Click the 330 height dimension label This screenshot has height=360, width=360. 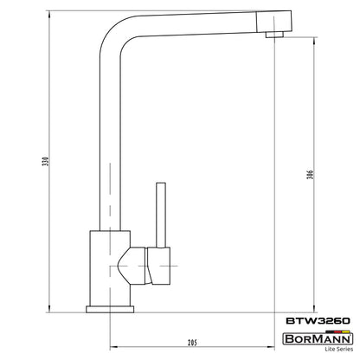(x=46, y=162)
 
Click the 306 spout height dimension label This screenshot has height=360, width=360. (x=310, y=175)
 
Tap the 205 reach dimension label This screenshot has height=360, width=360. (x=192, y=343)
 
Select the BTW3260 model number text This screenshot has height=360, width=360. (x=318, y=321)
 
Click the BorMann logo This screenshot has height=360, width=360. (x=318, y=338)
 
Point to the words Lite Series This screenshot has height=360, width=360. (x=339, y=349)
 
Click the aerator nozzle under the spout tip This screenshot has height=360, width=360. (x=274, y=35)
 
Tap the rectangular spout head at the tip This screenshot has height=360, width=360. (x=274, y=22)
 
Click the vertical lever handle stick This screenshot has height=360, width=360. (x=161, y=215)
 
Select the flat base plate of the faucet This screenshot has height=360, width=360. (x=110, y=309)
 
